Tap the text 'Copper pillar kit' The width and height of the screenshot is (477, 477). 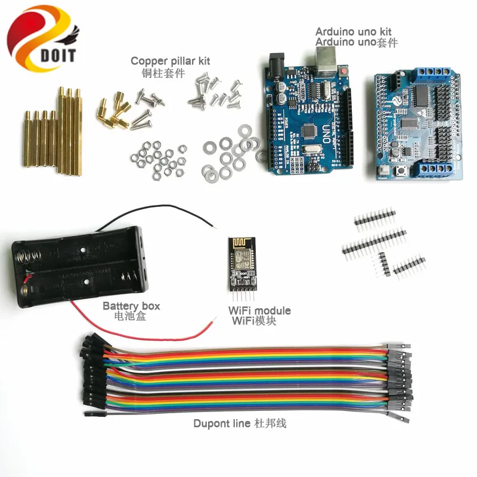coord(170,61)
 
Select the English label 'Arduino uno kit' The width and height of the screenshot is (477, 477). coord(353,32)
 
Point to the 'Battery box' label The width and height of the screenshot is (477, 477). coord(131,306)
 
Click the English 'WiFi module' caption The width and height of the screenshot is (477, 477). coord(259,311)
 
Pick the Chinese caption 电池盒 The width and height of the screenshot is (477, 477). coord(129,317)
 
